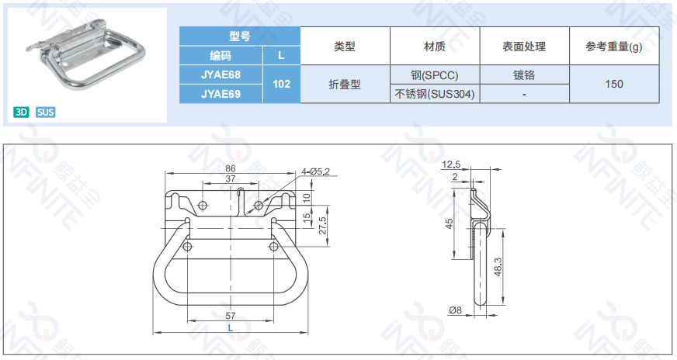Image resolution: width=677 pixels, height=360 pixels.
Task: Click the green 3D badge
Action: coord(21,112)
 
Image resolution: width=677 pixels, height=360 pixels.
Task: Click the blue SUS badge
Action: coord(45,112)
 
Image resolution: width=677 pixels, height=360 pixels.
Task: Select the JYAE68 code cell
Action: coord(220,74)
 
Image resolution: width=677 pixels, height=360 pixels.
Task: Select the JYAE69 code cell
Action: coord(220,94)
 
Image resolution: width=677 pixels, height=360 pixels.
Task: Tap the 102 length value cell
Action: coord(282,84)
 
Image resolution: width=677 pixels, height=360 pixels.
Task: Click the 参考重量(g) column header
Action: coord(614,47)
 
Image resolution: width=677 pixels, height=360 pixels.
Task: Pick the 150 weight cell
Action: coord(614,84)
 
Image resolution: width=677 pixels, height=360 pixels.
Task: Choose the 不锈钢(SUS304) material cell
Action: coord(435,94)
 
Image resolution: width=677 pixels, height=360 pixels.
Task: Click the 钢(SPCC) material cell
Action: coord(435,75)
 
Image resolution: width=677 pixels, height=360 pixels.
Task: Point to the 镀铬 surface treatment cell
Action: coord(524,75)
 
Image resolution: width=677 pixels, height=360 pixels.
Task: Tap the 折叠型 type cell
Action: coord(345,84)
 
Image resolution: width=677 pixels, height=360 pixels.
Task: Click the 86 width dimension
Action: coord(231,168)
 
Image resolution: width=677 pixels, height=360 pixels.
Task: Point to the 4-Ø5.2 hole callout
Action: coord(315,171)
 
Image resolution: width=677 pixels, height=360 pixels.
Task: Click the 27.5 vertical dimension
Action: coord(322,225)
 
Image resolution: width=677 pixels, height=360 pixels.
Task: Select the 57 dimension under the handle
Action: coord(231,316)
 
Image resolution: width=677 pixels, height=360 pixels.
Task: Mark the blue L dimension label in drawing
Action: coord(230,328)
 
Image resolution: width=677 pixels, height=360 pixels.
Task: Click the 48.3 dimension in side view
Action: coord(498,267)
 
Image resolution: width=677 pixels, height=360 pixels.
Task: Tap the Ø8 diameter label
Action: coord(455,310)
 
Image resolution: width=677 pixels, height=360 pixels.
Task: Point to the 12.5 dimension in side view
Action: coord(451,164)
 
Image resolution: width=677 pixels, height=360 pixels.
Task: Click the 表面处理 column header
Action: coord(524,47)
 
